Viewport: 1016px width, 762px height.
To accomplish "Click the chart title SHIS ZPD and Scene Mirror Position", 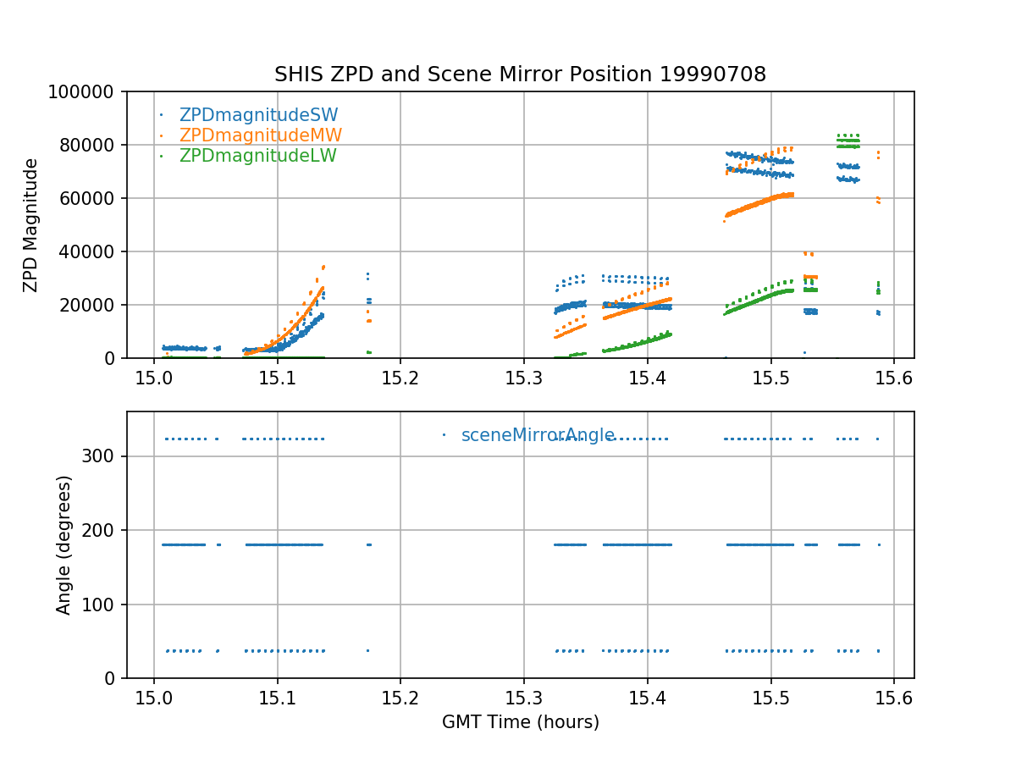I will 520,75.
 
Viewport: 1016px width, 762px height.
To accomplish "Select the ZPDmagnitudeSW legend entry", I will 258,115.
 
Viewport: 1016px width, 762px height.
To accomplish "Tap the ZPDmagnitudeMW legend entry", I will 260,135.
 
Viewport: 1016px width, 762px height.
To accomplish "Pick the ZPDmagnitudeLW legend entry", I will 257,156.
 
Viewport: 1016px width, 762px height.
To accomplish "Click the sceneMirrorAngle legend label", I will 538,435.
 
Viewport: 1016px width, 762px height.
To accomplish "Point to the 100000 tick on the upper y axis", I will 85,91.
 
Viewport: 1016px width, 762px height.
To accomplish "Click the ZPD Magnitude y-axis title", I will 31,225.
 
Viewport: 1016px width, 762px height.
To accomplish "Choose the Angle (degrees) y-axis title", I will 64,544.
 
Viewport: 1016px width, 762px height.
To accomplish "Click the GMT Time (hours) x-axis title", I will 521,722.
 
